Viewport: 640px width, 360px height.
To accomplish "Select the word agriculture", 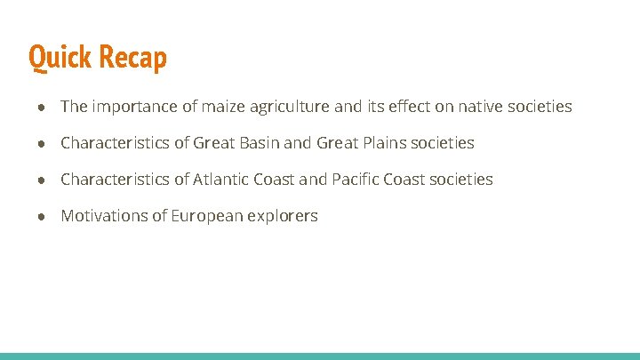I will (290, 107).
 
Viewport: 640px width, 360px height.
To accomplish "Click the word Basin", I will (258, 143).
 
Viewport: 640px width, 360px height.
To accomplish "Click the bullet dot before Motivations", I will (42, 216).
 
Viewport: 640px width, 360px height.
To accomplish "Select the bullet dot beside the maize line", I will (42, 107).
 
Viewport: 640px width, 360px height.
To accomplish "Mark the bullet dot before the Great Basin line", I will (42, 143).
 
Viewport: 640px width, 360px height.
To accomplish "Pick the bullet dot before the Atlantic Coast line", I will (42, 180).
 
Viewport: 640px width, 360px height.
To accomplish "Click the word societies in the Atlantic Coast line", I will (460, 180).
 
